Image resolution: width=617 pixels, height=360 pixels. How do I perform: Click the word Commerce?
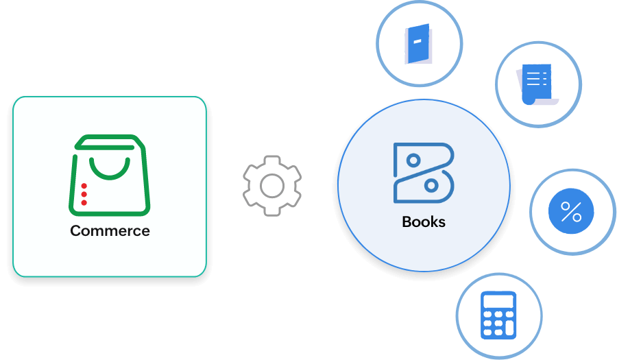(110, 231)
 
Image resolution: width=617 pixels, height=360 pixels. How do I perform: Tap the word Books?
(424, 222)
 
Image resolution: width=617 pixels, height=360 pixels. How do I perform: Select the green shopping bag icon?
(110, 176)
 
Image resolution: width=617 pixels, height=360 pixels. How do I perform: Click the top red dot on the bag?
(84, 186)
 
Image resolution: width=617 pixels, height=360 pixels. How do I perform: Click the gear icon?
(272, 185)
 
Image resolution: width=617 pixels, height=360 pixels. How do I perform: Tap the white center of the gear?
(272, 185)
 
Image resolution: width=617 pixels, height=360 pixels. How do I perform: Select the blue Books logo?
(424, 173)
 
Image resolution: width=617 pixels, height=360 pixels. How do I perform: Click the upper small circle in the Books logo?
(413, 160)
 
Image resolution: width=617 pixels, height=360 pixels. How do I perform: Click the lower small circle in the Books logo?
(431, 185)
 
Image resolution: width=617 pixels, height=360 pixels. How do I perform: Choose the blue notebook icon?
(418, 44)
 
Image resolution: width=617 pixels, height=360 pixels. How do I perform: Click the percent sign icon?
(571, 213)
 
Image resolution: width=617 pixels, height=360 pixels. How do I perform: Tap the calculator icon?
(498, 315)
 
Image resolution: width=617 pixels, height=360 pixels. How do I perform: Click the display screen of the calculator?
(498, 301)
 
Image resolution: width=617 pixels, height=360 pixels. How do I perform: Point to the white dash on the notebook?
(417, 40)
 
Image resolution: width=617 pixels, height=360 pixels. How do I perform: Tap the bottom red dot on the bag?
(84, 203)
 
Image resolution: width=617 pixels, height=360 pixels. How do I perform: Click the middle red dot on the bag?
(84, 195)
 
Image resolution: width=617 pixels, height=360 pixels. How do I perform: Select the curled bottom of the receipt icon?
(529, 99)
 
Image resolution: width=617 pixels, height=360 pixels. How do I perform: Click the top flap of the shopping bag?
(110, 141)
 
